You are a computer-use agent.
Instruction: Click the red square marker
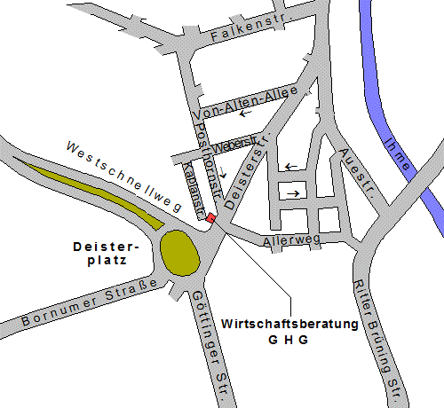click(210, 218)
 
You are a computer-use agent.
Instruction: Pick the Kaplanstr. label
click(188, 186)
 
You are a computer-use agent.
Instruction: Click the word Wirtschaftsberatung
click(289, 324)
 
